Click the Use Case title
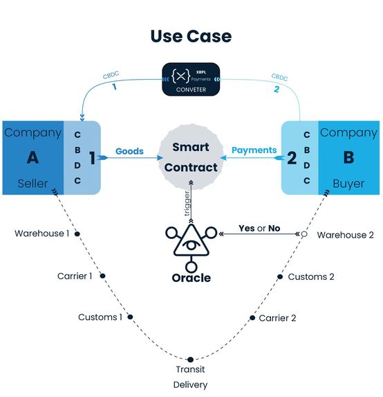[x=191, y=35]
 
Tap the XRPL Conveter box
[x=190, y=78]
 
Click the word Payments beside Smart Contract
[x=254, y=150]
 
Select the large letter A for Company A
[x=32, y=157]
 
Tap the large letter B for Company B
[x=348, y=157]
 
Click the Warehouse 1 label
[x=41, y=233]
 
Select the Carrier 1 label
[x=75, y=276]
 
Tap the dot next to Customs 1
[x=129, y=317]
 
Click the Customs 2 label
[x=311, y=276]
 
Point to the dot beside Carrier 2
[x=251, y=317]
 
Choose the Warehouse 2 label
[x=345, y=235]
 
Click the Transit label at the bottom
[x=190, y=369]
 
